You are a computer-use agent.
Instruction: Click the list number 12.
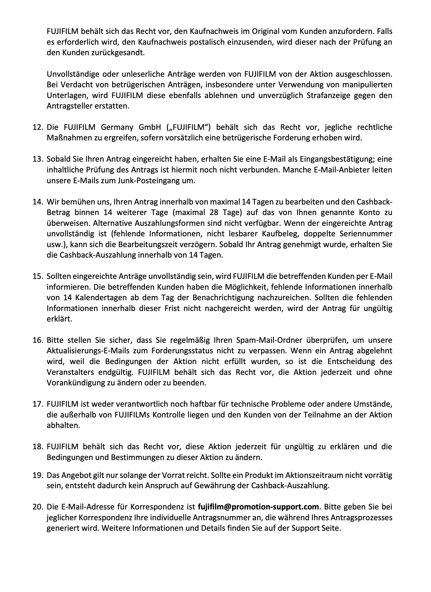click(x=38, y=127)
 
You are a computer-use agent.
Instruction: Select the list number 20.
click(x=38, y=507)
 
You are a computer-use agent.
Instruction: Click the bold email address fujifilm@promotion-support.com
click(x=258, y=507)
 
